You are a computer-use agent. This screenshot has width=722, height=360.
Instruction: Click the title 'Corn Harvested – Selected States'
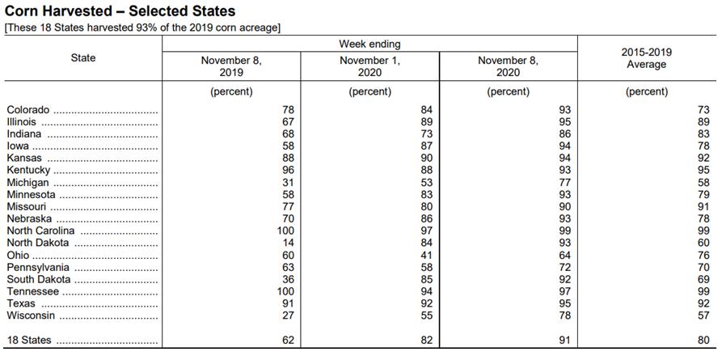click(120, 11)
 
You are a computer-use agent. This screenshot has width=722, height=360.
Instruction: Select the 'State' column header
click(83, 58)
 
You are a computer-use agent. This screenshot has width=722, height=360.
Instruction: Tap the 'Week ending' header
click(369, 44)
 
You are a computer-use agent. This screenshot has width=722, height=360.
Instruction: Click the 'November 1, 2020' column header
click(369, 66)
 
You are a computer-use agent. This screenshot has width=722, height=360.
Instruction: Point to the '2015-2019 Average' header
click(647, 58)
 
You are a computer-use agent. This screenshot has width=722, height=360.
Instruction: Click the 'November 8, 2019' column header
click(231, 66)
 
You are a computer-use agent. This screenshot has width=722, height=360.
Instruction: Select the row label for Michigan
click(27, 183)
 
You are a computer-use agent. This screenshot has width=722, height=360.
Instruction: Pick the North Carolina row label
click(40, 231)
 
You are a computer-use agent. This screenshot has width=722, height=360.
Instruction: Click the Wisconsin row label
click(31, 316)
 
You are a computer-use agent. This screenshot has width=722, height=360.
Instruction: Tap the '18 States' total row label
click(29, 341)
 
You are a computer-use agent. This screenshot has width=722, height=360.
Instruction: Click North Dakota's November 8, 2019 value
click(289, 243)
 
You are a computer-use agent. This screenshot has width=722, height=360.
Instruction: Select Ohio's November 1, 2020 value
click(427, 256)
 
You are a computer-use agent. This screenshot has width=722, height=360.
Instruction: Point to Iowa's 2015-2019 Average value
click(703, 146)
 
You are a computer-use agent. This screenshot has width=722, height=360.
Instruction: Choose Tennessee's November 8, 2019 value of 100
click(285, 291)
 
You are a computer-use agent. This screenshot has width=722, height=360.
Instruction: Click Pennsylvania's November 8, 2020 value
click(564, 267)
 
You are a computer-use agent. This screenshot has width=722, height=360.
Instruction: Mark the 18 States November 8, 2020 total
click(564, 341)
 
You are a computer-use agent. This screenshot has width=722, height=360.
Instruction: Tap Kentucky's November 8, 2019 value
click(289, 170)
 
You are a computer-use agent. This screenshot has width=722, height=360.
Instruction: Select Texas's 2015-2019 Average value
click(703, 303)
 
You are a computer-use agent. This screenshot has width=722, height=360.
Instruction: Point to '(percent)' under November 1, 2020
click(369, 91)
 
